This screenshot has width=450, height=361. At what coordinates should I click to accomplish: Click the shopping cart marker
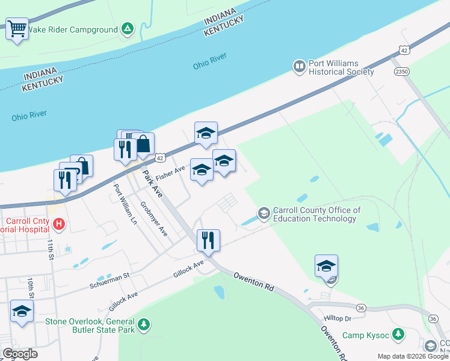17,28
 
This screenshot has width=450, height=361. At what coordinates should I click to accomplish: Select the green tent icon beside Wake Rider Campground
127,29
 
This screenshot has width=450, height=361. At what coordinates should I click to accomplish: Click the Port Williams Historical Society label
341,67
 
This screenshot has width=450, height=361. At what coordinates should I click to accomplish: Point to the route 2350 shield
402,72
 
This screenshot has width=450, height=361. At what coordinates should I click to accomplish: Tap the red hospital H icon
59,225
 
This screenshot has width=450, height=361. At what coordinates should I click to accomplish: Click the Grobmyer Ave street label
153,219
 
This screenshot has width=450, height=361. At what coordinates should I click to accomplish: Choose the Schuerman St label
109,275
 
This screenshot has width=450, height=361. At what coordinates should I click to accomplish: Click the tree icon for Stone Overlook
143,326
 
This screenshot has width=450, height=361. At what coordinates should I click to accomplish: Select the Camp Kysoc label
365,335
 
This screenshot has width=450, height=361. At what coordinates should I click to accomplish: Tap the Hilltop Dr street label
337,318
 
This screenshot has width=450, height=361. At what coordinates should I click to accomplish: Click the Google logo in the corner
20,354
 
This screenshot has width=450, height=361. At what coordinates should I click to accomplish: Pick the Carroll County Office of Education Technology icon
263,213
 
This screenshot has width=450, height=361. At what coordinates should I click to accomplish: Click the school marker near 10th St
22,312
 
